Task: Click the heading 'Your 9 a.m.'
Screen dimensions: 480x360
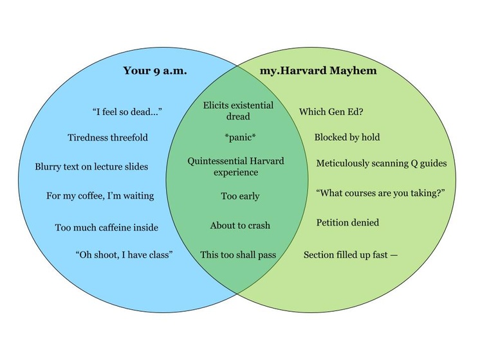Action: (155, 71)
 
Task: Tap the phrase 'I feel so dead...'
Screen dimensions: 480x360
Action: (127, 112)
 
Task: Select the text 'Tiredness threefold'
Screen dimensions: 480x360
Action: (107, 138)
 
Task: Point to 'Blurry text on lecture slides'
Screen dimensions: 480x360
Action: (91, 166)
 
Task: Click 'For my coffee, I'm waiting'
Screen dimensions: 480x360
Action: (100, 195)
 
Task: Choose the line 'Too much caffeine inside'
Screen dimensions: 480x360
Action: (106, 227)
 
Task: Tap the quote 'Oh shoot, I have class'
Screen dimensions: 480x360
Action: (124, 255)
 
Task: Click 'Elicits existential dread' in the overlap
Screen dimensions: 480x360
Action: (238, 111)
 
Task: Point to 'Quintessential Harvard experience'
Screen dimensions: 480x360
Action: (235, 166)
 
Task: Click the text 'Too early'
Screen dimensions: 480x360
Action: (239, 196)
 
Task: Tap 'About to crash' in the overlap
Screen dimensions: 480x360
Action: (240, 226)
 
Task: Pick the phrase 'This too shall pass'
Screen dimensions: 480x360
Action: (238, 255)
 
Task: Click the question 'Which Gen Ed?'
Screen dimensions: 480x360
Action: (331, 112)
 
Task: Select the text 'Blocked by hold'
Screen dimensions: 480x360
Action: (347, 137)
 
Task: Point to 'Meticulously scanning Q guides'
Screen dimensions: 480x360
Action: (381, 163)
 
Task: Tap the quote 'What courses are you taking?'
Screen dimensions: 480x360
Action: (381, 193)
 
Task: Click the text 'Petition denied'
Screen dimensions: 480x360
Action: (347, 222)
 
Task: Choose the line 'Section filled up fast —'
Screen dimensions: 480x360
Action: (351, 255)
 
